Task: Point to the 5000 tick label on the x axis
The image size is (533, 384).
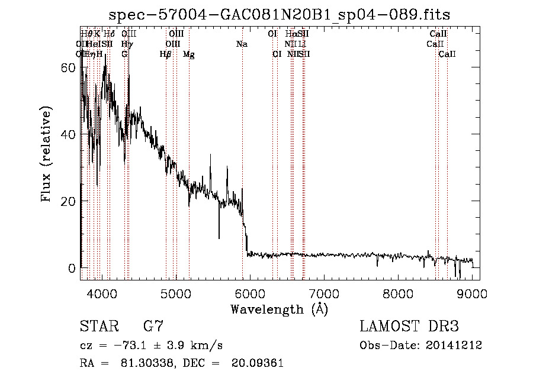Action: point(175,293)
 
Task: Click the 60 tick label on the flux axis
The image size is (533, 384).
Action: point(69,67)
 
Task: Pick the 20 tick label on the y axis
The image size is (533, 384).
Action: point(69,201)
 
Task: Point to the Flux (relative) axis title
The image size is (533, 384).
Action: point(47,154)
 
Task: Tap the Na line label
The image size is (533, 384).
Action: point(242,44)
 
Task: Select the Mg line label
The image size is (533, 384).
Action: point(189,54)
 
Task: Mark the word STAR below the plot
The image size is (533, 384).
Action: point(98,327)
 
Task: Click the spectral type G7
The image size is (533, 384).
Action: point(153,327)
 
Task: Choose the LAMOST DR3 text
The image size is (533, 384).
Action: point(409,327)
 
